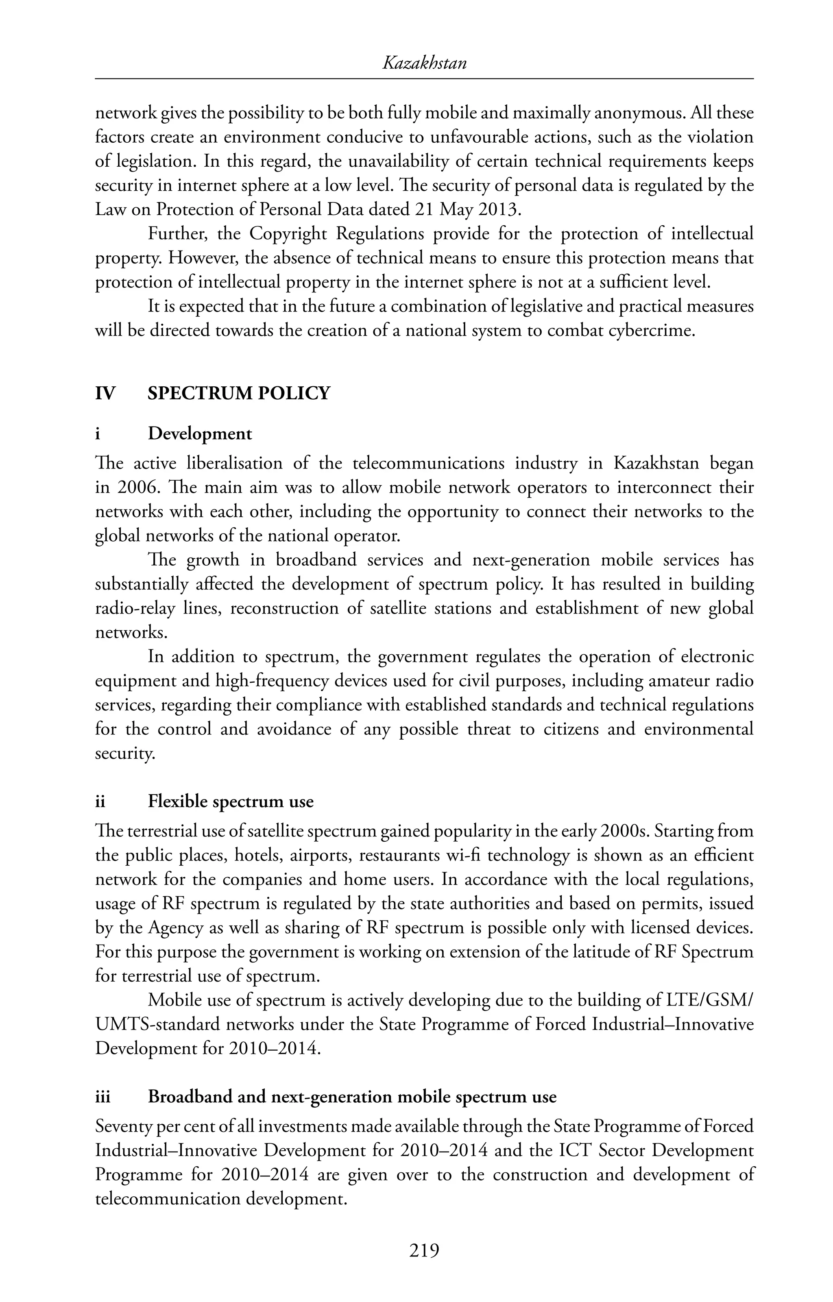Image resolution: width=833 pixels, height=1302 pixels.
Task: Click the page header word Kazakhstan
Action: point(424,64)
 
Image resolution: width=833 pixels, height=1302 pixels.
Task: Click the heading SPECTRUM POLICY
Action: point(238,394)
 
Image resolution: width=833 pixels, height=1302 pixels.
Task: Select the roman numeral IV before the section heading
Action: point(105,394)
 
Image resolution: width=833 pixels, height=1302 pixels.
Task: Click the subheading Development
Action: point(200,433)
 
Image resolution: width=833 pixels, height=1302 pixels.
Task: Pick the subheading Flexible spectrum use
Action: point(231,801)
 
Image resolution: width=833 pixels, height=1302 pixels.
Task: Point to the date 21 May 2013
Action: point(466,210)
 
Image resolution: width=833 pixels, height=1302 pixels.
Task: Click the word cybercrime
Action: point(651,330)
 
